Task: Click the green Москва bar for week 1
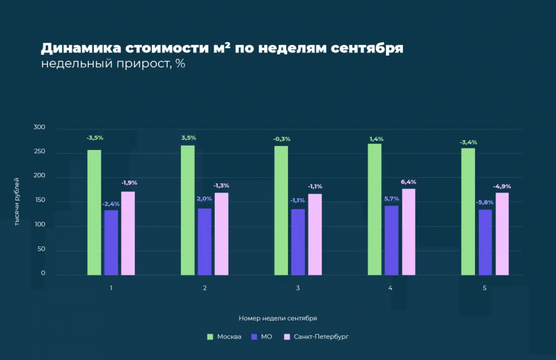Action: click(x=94, y=212)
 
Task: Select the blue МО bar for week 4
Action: click(x=392, y=240)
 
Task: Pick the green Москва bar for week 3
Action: click(x=281, y=210)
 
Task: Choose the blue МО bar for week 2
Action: click(x=204, y=241)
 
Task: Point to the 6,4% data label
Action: click(x=408, y=182)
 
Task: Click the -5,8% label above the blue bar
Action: click(x=485, y=203)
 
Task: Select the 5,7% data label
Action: click(x=392, y=199)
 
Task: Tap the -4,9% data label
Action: click(x=502, y=186)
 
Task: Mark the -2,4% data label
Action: click(x=111, y=204)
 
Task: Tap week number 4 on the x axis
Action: click(x=390, y=288)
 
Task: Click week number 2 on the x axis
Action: click(x=204, y=288)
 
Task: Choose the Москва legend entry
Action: click(x=224, y=337)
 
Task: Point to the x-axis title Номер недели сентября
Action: click(x=278, y=318)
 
